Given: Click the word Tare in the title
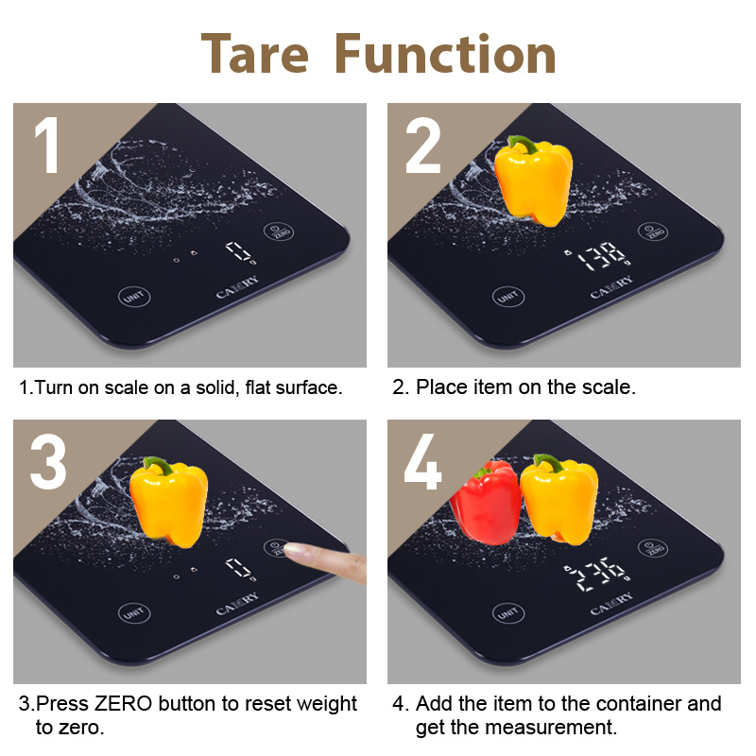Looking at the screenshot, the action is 254,54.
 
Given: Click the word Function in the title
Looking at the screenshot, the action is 445,54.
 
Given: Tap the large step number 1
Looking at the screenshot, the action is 46,146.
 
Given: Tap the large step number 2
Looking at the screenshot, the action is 422,146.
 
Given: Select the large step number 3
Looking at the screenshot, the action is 48,462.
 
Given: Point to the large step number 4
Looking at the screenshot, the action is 422,461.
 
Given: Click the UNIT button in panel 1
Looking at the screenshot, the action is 134,296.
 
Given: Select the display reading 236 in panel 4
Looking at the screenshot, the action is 598,574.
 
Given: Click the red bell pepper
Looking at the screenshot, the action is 486,502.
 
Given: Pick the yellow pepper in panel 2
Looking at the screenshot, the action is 533,181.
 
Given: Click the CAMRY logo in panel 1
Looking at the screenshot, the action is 237,287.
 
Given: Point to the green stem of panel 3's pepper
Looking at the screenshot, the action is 159,465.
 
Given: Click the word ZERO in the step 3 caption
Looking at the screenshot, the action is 123,703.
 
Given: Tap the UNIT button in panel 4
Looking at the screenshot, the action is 508,613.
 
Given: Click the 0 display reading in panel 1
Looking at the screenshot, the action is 240,252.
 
